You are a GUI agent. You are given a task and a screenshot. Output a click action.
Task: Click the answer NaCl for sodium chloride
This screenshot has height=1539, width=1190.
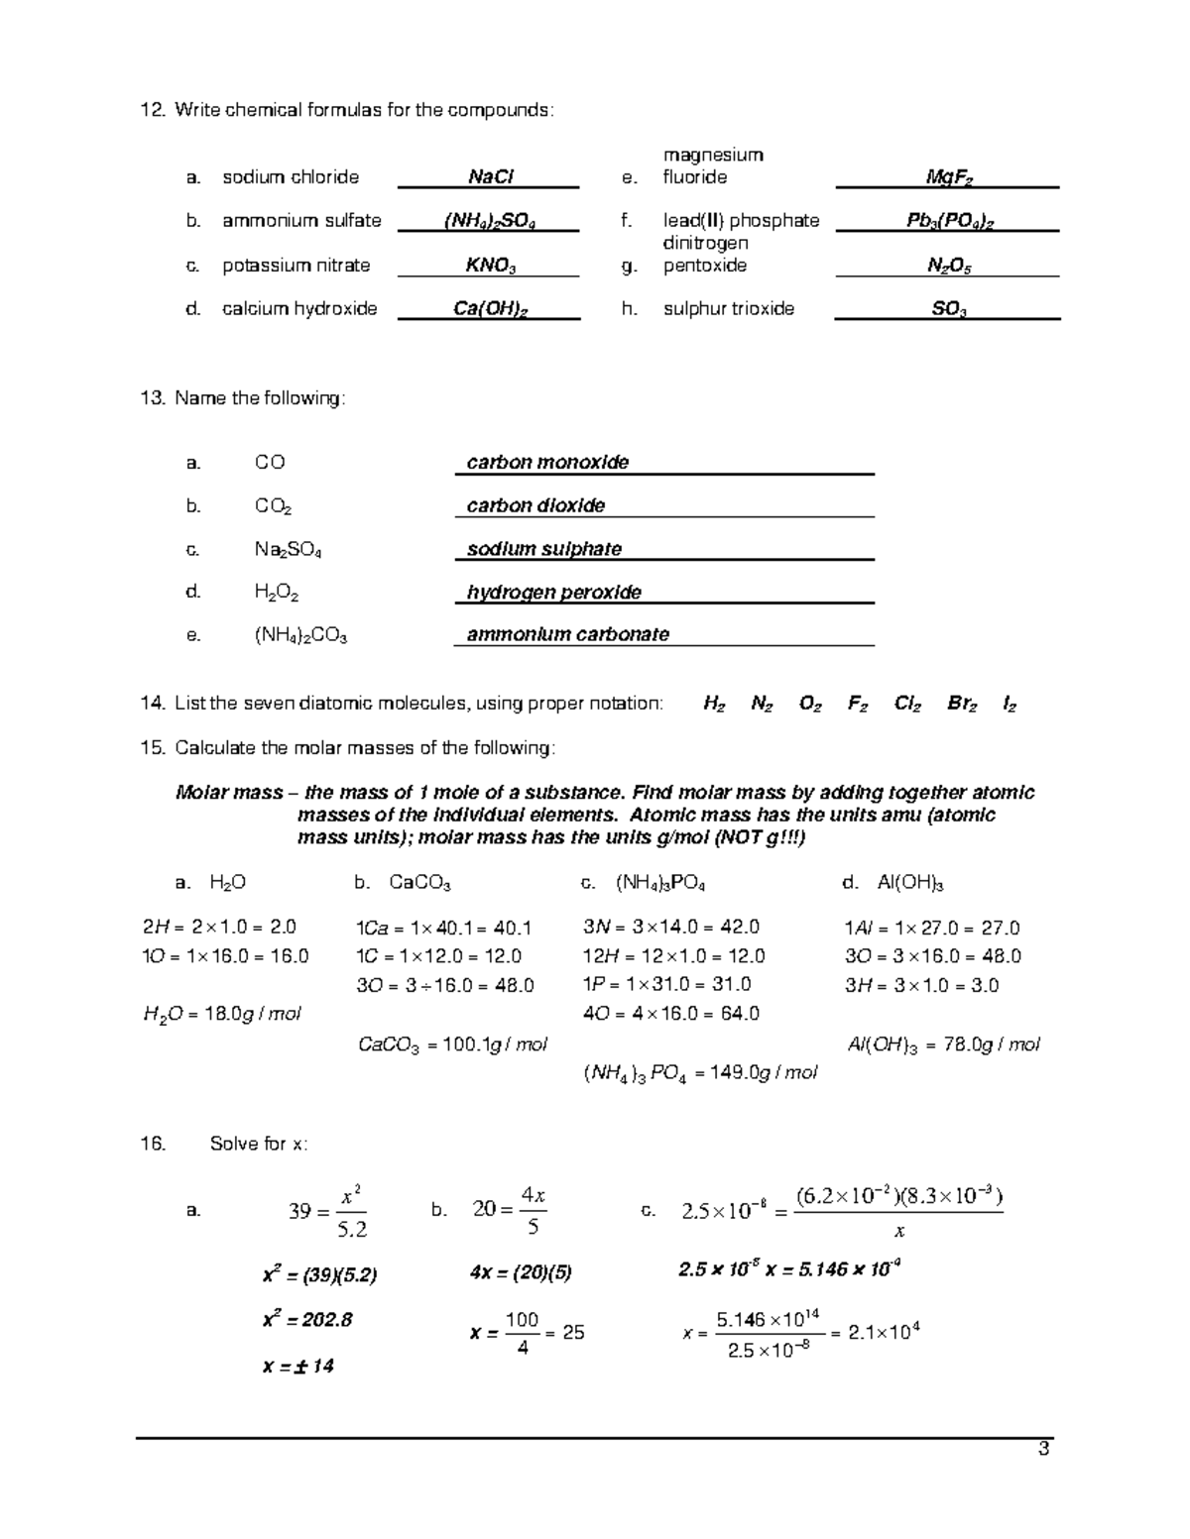coord(490,177)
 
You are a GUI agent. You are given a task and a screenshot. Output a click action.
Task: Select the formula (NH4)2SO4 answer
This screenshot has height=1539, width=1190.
coord(490,221)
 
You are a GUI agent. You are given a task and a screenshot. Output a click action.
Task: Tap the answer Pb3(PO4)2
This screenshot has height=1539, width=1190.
coord(949,221)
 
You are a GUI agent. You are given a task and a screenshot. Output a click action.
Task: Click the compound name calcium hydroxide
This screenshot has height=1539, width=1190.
coord(299,309)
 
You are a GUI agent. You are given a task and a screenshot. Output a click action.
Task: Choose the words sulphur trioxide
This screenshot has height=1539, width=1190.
coord(728,309)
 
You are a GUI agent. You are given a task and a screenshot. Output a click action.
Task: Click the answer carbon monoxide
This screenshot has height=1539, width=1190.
coord(547,463)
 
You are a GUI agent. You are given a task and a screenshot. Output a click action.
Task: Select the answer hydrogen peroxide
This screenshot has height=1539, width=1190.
coord(553,593)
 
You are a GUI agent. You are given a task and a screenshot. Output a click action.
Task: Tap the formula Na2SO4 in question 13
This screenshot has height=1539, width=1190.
coord(288,550)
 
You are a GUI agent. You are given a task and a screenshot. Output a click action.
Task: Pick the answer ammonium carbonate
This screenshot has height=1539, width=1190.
coord(567,635)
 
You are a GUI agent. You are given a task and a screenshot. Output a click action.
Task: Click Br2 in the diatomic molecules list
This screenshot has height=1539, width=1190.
coord(962,705)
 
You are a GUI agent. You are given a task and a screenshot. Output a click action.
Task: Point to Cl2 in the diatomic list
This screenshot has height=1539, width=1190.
coord(906,705)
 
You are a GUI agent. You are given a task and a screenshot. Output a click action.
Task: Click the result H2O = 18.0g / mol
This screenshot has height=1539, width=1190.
coord(222,1014)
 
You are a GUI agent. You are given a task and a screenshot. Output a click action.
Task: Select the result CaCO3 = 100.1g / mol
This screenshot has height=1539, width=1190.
coord(451,1044)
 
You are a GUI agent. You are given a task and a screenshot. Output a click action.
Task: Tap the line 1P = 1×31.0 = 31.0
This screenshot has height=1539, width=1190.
coord(666,985)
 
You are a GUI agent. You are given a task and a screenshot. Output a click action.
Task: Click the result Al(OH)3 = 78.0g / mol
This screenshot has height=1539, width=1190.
coord(943,1044)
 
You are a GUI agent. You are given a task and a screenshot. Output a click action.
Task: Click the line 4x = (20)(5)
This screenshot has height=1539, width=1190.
coord(521,1273)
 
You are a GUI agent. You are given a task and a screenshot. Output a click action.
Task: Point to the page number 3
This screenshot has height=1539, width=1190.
coord(1042,1451)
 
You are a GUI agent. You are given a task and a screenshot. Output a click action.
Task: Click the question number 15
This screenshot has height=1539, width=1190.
coord(152,748)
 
